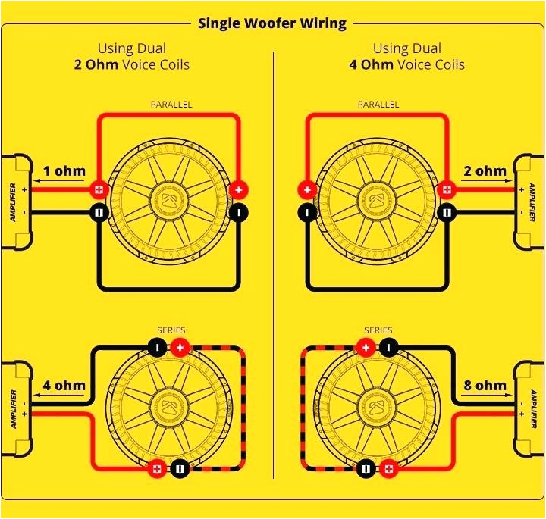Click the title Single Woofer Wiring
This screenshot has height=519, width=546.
tap(272, 23)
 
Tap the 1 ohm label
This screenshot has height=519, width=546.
tap(64, 171)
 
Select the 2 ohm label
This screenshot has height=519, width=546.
tap(485, 171)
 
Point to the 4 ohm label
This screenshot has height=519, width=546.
tap(64, 386)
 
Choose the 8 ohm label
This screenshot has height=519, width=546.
tap(485, 386)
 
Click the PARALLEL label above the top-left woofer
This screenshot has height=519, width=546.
tap(171, 104)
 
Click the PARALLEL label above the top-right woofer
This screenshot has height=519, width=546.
tap(378, 104)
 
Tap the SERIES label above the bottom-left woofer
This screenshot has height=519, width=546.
tap(171, 330)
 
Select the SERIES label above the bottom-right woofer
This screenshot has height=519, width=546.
tap(378, 330)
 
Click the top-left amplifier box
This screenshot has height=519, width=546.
tap(15, 202)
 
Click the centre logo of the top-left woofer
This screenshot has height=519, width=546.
tap(170, 200)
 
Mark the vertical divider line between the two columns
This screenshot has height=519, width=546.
tap(273, 265)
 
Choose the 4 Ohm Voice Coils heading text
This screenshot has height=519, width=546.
tap(406, 65)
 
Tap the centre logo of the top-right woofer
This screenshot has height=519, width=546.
tap(376, 200)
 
